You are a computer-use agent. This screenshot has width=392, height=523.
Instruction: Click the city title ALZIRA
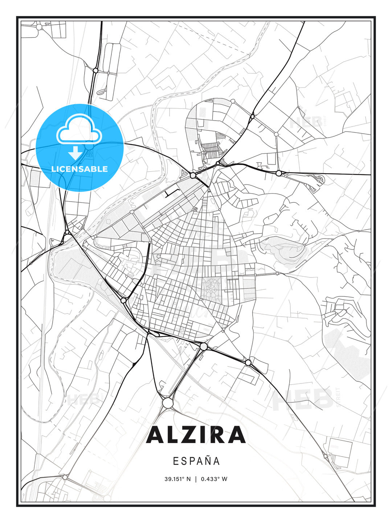pos(196,435)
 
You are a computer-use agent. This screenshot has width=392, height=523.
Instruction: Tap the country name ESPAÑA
pos(196,461)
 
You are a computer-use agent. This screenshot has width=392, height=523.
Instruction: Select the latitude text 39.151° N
pos(177,479)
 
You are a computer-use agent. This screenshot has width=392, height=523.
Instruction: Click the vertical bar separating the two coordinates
pos(196,479)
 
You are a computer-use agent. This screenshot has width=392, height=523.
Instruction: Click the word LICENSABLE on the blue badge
pos(79,169)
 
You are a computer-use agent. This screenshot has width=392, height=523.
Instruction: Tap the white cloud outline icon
pos(78,129)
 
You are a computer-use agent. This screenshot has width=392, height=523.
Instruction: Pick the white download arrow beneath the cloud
pos(75,153)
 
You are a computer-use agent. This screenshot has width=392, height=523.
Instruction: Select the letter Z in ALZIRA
pos(189,435)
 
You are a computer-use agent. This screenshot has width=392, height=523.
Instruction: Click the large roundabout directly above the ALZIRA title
pos(167,403)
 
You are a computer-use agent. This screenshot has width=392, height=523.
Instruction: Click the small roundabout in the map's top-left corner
pos(39,27)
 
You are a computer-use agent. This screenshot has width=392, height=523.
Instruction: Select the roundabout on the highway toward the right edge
pos(278,173)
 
